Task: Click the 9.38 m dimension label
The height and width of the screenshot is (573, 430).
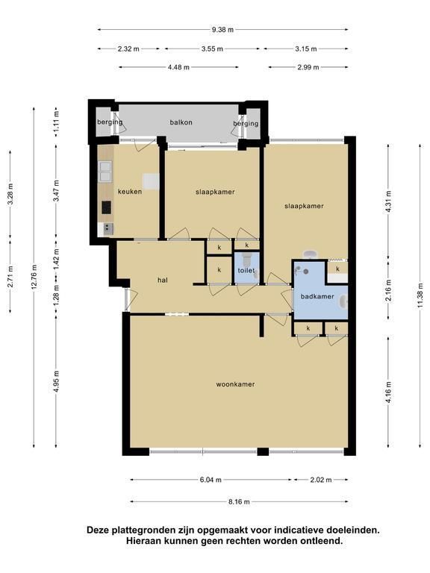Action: [222, 30]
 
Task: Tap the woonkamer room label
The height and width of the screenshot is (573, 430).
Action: [235, 384]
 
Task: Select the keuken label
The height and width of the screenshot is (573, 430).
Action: [130, 192]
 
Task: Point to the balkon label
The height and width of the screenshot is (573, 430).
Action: [181, 122]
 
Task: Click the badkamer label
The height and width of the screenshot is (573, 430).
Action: [317, 296]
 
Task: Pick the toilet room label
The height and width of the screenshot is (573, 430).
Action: [246, 270]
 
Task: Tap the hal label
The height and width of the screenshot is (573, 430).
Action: [163, 281]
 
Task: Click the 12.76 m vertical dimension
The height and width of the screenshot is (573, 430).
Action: [34, 277]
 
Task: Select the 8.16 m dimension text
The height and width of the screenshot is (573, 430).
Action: [239, 502]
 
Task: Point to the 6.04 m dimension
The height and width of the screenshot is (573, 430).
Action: [211, 480]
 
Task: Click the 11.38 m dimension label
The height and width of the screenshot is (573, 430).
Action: [420, 295]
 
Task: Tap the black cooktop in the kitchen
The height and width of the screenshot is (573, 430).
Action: [107, 207]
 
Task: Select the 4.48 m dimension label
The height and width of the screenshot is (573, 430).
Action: [179, 68]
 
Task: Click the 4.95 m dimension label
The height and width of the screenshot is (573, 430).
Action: [56, 381]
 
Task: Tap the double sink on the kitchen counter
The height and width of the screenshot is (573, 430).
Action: [105, 172]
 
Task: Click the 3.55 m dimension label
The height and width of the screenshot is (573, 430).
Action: [212, 49]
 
